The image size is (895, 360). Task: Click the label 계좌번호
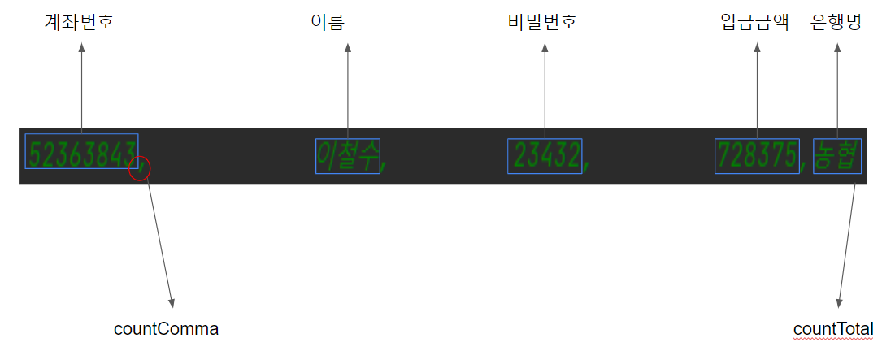[79, 23]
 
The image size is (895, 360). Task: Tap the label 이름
[328, 23]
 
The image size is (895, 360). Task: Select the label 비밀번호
[541, 23]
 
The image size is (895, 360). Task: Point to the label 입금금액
[755, 23]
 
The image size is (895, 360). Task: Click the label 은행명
[836, 23]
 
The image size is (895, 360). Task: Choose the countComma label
[166, 329]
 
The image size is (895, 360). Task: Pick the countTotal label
[833, 329]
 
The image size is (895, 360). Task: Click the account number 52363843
[81, 151]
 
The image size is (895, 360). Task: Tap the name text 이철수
[347, 155]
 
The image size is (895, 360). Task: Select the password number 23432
[545, 155]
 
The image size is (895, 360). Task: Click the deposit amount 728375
[757, 155]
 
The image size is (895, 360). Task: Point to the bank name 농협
[836, 155]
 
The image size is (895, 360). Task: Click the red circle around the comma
[140, 168]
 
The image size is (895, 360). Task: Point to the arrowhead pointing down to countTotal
[840, 301]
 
